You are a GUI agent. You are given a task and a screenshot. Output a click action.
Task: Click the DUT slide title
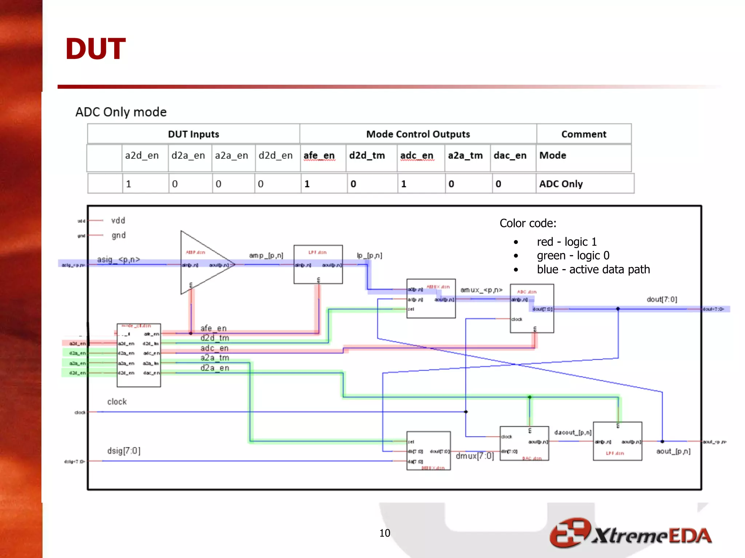coord(95,49)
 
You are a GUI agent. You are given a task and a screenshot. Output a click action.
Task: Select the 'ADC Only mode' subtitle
coord(121,112)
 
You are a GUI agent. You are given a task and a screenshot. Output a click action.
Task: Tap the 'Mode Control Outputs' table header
coord(418,134)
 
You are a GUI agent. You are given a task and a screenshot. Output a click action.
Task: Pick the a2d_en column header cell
coord(142,155)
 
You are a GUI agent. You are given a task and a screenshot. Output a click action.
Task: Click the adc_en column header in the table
coord(417,155)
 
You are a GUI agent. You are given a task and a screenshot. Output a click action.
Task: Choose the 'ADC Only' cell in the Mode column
coord(561,184)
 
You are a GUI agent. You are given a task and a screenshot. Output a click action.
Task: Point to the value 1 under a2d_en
coord(128,184)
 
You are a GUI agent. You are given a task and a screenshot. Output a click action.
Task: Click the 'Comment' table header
coord(583,134)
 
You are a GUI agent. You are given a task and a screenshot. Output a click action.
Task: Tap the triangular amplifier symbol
coord(204,262)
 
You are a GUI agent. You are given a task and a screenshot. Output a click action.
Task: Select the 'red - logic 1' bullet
coord(566,242)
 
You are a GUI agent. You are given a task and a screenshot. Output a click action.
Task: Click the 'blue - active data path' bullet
coord(593,269)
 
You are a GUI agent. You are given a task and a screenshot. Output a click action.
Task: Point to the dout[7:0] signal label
coord(661,299)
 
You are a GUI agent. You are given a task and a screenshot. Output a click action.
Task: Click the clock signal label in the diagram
coord(117,402)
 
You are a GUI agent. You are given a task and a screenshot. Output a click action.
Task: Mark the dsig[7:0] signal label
coord(124,451)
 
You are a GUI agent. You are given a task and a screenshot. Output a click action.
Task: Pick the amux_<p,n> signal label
coord(481,290)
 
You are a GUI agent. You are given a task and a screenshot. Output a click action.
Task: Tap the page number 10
coord(385,533)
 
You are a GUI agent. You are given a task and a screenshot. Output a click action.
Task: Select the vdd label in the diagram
coord(118,221)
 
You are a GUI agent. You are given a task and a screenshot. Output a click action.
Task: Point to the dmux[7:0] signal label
coord(474,456)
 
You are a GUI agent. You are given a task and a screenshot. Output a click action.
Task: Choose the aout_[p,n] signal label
coord(673,451)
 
